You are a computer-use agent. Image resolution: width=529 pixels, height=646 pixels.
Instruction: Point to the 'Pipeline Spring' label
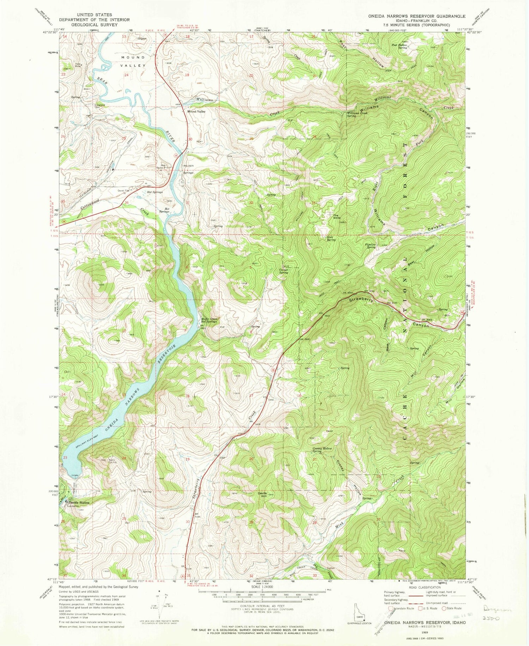pyautogui.click(x=370, y=246)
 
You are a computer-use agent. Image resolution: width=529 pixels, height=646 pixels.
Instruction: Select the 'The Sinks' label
pyautogui.click(x=336, y=216)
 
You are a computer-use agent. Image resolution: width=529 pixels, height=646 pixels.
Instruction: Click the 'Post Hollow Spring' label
pyautogui.click(x=400, y=46)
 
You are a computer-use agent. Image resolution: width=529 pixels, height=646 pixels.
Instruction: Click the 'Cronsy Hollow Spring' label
pyautogui.click(x=322, y=450)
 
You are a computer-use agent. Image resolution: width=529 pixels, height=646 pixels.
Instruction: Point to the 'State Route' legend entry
pyautogui.click(x=452, y=608)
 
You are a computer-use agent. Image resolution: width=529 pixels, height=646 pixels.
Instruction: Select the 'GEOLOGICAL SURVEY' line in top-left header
pyautogui.click(x=94, y=25)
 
